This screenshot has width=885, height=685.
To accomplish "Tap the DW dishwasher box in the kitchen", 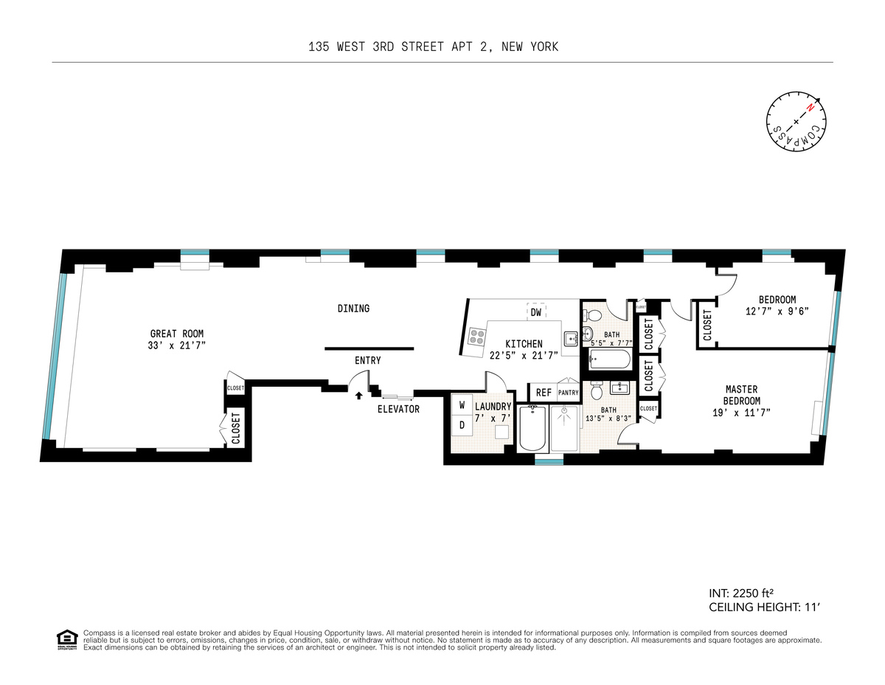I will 536,312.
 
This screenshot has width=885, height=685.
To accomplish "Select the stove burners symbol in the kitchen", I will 477,337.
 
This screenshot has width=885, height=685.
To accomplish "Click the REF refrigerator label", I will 544,393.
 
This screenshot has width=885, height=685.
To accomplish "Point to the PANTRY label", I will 569,393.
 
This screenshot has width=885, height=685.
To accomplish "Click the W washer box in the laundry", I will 462,405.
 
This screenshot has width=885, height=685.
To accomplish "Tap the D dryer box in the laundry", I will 462,424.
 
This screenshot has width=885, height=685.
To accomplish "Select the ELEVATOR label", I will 398,409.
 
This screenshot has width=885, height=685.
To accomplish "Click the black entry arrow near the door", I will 358,396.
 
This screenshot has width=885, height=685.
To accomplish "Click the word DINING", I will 353,309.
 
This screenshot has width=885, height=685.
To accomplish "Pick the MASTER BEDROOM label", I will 742,395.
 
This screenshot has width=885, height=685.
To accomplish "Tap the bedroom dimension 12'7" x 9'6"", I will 777,311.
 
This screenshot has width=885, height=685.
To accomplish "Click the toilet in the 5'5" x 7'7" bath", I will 590,317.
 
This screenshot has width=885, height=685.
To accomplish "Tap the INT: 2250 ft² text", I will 744,593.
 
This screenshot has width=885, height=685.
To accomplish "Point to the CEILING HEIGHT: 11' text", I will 764,607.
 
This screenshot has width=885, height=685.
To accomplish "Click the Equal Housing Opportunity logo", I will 67,639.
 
